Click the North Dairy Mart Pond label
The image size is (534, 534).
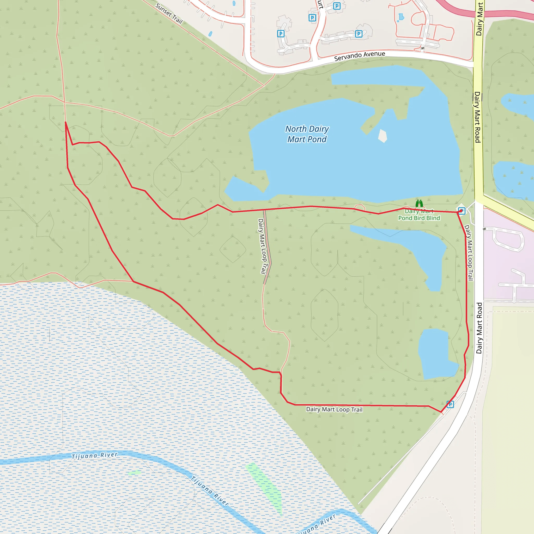(x=307, y=134)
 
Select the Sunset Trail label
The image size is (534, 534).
(x=169, y=14)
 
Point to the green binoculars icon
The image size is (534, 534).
(x=419, y=203)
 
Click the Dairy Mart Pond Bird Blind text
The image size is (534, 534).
(x=419, y=215)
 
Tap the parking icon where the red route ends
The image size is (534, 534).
(x=462, y=211)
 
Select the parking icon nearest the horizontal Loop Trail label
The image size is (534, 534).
(x=450, y=405)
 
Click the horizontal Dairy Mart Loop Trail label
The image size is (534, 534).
(x=334, y=409)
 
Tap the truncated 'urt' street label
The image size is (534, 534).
(x=320, y=4)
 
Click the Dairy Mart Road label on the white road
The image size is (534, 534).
(x=479, y=328)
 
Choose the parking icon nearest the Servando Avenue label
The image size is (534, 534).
(x=359, y=34)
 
